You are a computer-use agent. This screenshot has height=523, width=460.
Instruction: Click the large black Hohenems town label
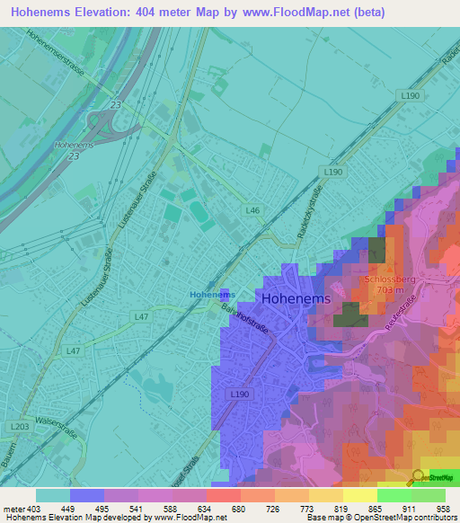[x=296, y=298]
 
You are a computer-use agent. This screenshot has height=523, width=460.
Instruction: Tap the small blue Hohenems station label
[x=213, y=294]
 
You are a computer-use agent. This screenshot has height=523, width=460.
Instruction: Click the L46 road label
[x=253, y=210]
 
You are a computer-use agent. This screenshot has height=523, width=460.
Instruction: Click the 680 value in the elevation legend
[x=238, y=508]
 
